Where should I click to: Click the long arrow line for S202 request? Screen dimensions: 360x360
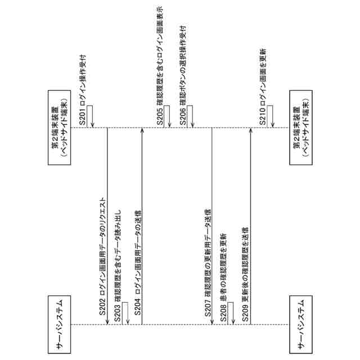tap(107, 225)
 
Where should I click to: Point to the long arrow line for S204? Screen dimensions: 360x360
tap(142, 225)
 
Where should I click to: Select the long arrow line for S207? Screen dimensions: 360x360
tap(212, 225)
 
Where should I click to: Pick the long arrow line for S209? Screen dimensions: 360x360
tap(250, 225)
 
